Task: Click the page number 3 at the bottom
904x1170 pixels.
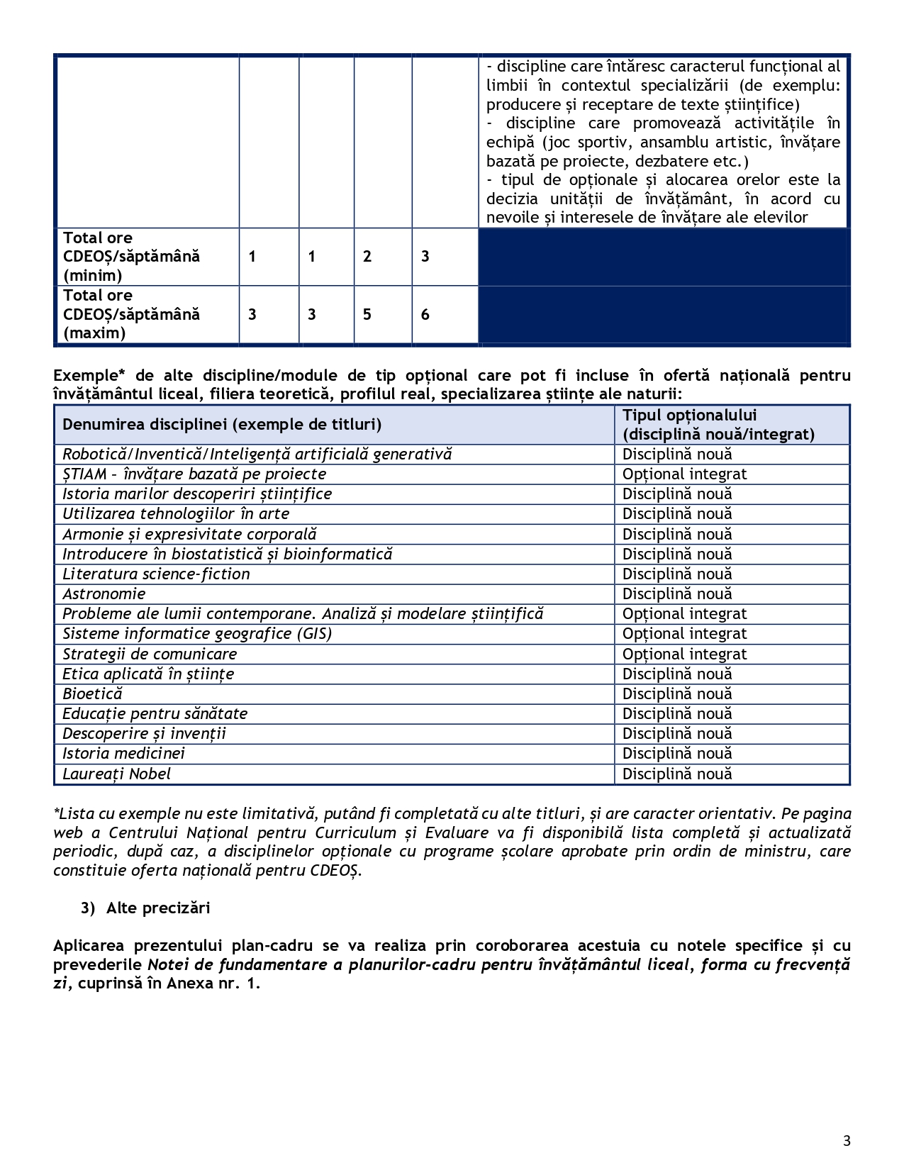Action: tap(847, 1141)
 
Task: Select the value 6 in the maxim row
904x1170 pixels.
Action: tap(425, 315)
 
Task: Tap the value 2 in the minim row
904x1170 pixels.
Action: tap(367, 257)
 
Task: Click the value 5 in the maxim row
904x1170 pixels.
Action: tap(367, 315)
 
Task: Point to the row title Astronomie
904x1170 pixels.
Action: tap(104, 594)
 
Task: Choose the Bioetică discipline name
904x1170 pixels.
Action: tap(92, 694)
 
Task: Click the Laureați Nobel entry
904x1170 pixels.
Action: tap(116, 774)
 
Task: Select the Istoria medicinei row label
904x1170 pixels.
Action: tap(123, 754)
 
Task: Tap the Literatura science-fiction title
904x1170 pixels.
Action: tap(156, 574)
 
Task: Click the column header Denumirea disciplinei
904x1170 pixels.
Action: tap(222, 425)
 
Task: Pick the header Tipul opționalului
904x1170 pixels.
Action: tap(690, 416)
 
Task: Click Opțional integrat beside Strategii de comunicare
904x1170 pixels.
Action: tap(684, 654)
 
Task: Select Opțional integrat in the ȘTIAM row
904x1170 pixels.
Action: tap(684, 474)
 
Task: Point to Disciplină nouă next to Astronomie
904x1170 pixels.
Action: tap(677, 594)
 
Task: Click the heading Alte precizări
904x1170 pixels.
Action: tap(157, 908)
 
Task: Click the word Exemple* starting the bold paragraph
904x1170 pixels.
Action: tap(84, 376)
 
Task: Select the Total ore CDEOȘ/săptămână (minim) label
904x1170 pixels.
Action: tap(131, 257)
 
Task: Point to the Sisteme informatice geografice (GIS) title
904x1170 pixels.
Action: tap(197, 634)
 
